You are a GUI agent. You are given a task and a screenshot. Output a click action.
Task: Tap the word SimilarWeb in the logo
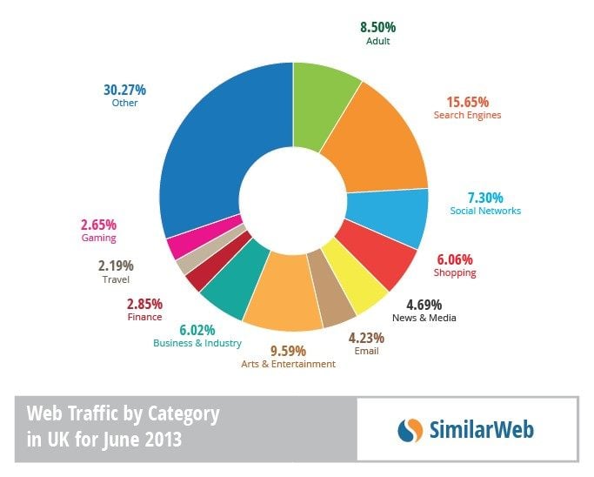coord(481,429)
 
